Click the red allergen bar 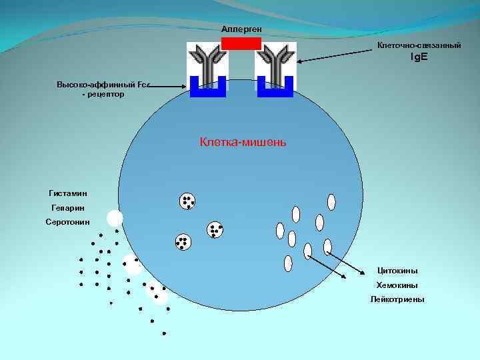[241, 43]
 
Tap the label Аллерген [241, 29]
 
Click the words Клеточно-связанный [419, 45]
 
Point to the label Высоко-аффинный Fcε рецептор [104, 89]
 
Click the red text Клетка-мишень [243, 141]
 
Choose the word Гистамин [68, 193]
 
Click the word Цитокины [397, 271]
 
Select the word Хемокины [397, 285]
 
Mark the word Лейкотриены [397, 299]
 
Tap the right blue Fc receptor [275, 89]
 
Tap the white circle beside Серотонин [115, 218]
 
